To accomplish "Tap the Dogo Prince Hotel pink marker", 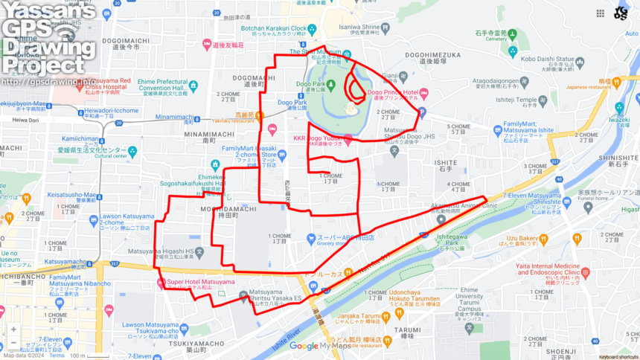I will [x=423, y=94].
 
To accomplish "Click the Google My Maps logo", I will [x=319, y=346].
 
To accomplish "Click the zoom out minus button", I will [x=13, y=343].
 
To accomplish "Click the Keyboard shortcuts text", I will [x=618, y=356].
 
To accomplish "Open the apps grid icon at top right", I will [x=600, y=13].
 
